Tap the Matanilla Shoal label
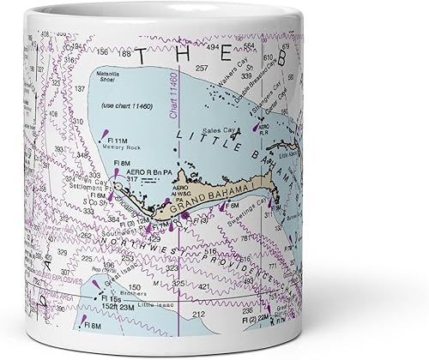click(x=115, y=80)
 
